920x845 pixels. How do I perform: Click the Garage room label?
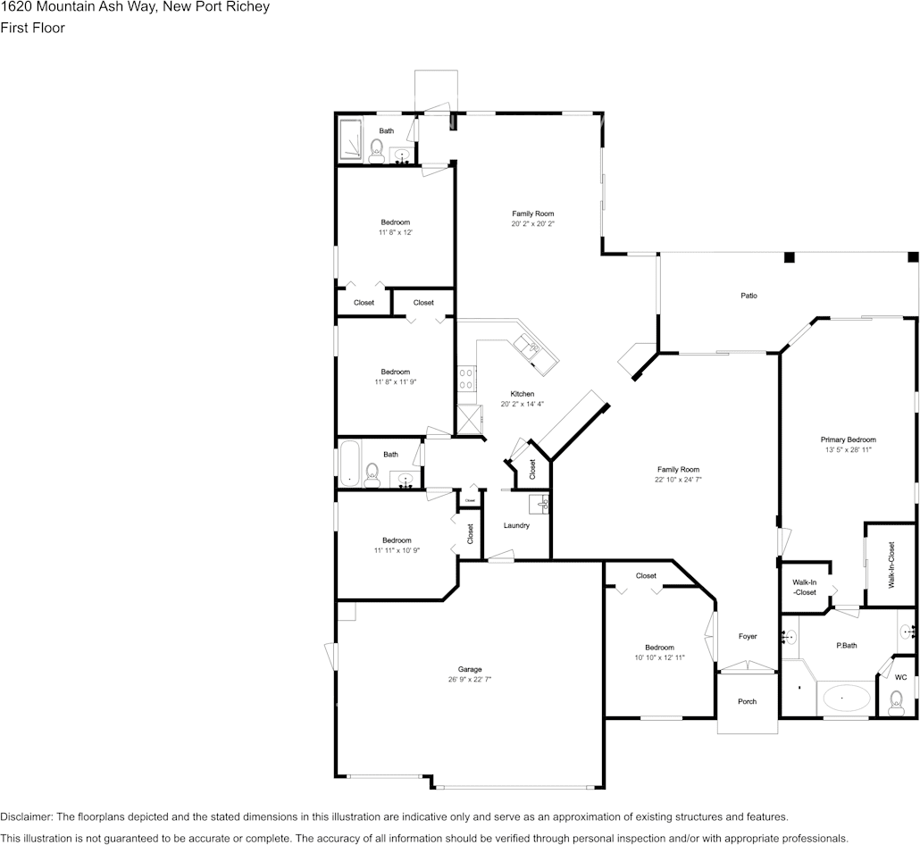point(470,669)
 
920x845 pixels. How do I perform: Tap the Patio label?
point(749,296)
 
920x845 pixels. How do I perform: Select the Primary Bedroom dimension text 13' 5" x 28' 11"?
point(848,450)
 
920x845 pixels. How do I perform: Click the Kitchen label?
point(523,394)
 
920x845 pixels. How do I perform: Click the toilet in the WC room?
point(897,702)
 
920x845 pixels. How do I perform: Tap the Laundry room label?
point(516,525)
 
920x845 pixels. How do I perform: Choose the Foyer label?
point(748,636)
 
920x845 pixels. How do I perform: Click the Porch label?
point(747,701)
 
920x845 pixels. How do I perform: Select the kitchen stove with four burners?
point(465,379)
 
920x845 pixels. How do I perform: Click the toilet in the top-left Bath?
point(376,150)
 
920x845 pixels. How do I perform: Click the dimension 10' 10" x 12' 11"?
point(659,657)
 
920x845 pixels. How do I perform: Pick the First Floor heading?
point(32,28)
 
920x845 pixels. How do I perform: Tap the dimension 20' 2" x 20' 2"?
point(532,224)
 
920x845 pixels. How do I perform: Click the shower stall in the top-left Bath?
point(352,140)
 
